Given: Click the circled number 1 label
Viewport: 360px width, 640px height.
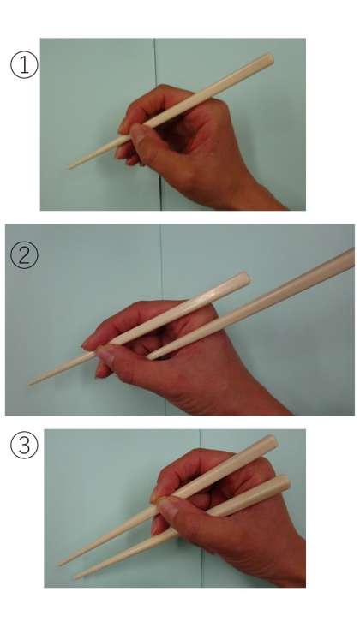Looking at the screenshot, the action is [24, 64].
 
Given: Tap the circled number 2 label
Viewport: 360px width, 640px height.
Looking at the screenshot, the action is [24, 255].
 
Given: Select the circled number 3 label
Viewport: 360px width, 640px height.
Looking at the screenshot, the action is [24, 445].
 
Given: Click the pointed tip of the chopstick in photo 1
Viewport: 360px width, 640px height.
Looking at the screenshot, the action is [69, 168].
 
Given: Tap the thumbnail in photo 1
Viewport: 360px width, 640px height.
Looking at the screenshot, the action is [136, 132].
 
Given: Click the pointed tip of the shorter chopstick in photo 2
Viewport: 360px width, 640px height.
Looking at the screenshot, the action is [30, 383].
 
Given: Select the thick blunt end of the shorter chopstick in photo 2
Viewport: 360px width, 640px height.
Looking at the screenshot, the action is [244, 278].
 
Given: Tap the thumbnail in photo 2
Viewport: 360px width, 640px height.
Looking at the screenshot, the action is [105, 355].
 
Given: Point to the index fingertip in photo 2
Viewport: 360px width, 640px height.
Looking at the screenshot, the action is [87, 344].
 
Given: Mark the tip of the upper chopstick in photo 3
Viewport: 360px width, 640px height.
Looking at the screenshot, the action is [60, 564].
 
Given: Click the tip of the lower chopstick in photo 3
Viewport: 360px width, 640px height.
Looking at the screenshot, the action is [75, 577].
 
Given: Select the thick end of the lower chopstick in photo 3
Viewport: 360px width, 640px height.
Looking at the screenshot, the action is [284, 482].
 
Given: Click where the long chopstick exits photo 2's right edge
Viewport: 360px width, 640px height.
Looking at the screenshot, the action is [353, 257].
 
